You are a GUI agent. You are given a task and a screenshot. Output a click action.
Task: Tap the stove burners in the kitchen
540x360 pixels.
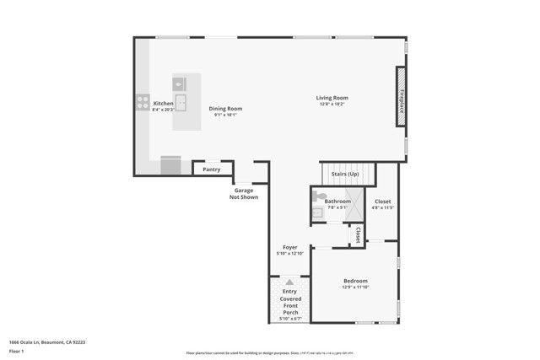142,104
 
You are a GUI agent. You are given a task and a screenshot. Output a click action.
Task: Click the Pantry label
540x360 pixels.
212,169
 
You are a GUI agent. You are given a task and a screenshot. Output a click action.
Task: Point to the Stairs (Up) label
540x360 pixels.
343,175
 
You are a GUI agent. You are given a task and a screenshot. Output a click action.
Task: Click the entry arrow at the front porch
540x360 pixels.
289,282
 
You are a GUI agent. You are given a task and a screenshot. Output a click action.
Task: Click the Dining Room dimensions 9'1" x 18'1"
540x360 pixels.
225,116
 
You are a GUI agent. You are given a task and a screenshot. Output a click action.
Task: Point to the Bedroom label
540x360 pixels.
355,281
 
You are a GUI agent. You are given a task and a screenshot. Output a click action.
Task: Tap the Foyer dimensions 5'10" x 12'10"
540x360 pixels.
289,254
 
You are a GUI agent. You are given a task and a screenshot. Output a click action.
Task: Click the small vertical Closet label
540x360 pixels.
357,236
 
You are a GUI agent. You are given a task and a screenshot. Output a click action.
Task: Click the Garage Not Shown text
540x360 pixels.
246,194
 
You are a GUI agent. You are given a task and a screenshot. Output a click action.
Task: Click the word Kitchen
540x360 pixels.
163,104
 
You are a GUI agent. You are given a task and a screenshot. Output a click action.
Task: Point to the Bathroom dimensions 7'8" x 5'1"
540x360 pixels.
337,208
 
